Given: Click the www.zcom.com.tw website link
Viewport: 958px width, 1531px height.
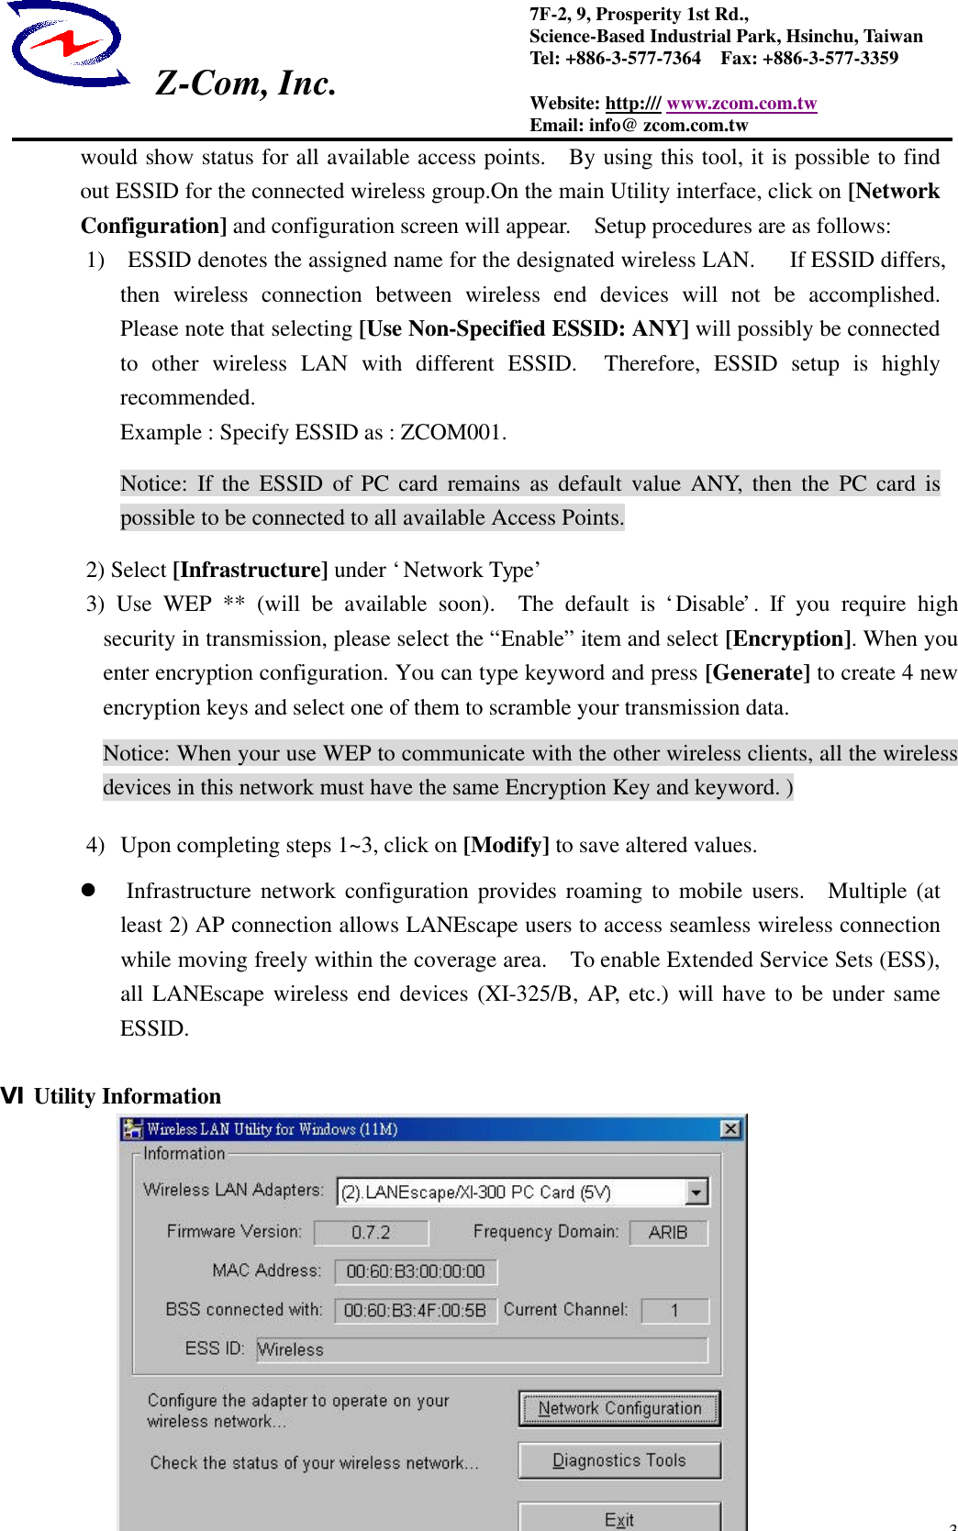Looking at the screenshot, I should click(741, 104).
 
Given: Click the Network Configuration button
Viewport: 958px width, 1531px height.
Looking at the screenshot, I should click(619, 1408).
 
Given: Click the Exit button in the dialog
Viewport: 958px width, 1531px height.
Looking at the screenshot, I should click(619, 1518).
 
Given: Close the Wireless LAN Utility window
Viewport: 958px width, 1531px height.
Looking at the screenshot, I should click(730, 1128).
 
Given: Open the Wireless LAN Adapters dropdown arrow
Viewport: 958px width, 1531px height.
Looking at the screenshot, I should click(696, 1192).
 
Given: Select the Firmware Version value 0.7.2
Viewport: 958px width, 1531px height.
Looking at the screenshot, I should click(371, 1232).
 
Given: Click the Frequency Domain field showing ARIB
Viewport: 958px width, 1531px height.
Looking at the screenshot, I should click(668, 1232).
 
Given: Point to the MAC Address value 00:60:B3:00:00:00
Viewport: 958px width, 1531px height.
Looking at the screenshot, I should click(416, 1271).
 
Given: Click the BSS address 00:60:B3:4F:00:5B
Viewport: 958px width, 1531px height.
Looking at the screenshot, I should click(415, 1310).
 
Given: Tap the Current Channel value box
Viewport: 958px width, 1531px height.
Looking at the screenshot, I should click(674, 1310).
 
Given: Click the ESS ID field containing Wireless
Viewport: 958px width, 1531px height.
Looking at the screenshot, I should click(482, 1349).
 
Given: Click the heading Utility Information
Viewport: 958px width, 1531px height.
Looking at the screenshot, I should click(127, 1096).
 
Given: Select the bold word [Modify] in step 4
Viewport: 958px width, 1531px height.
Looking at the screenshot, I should click(506, 845).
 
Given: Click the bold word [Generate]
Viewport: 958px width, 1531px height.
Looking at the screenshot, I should click(757, 673).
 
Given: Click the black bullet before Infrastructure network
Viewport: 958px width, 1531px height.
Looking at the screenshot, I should click(89, 890).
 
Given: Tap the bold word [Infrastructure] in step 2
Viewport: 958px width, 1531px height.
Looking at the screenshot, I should click(250, 571).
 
